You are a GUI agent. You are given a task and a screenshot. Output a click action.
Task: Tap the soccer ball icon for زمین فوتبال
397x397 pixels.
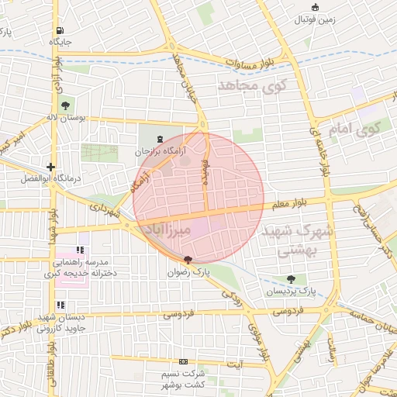[314, 8]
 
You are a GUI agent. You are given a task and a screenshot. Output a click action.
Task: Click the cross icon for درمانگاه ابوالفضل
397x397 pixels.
[50, 167]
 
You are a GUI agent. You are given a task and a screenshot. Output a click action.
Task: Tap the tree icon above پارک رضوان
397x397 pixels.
[188, 260]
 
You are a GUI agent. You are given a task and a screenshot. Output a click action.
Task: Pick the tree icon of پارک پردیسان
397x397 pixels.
[291, 279]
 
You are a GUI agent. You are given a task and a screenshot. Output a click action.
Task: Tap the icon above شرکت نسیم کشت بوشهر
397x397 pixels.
[184, 361]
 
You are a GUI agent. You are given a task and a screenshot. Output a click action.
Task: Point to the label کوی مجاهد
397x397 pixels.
[253, 85]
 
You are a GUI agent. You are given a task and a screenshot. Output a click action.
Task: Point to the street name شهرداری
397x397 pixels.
[105, 209]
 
